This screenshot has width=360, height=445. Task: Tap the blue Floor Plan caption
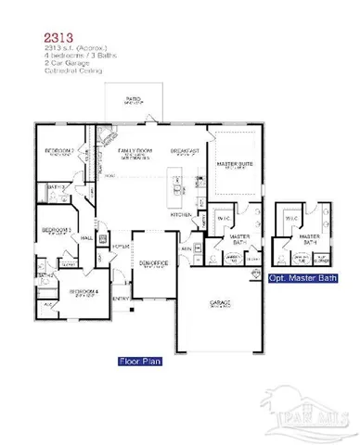click(x=139, y=362)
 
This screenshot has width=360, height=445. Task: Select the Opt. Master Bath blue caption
click(x=302, y=276)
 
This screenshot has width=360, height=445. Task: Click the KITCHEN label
click(x=183, y=214)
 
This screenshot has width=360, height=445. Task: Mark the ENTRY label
click(x=121, y=299)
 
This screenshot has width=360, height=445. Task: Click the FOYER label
click(x=120, y=248)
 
